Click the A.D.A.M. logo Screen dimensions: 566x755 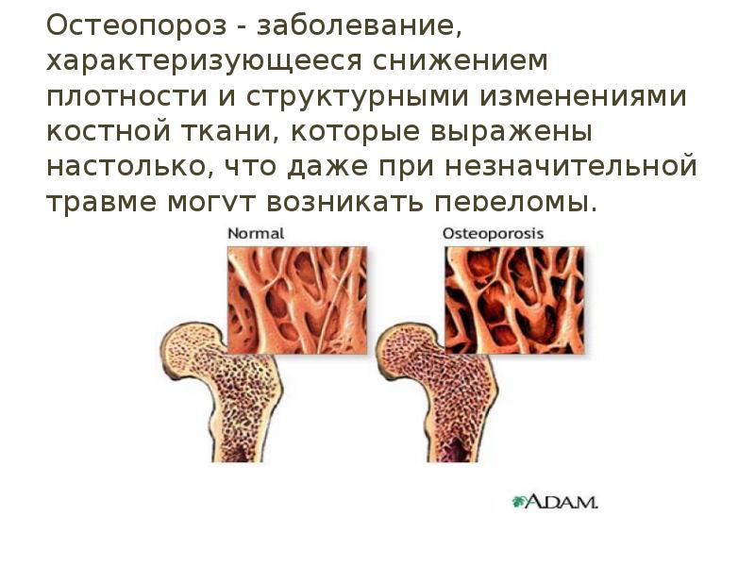pos(556,501)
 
